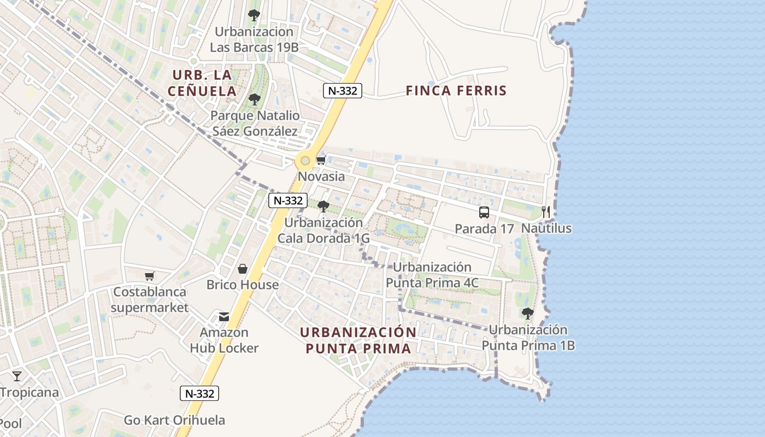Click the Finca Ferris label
(x=456, y=91)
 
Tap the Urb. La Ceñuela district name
(x=202, y=83)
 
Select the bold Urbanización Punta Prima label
(x=358, y=340)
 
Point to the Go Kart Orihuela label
(x=174, y=420)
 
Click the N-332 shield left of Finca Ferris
(x=343, y=91)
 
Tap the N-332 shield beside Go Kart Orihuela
(x=199, y=393)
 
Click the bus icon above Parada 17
(x=484, y=212)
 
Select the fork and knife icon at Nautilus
(x=546, y=212)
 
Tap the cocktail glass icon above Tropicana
(x=17, y=376)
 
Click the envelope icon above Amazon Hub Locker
(x=224, y=316)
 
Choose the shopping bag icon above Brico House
(x=243, y=269)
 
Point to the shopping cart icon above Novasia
(x=321, y=160)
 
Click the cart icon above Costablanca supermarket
(x=149, y=276)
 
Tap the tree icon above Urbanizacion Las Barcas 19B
(x=254, y=15)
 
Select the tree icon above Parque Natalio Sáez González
(x=254, y=99)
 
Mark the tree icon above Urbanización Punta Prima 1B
(x=527, y=313)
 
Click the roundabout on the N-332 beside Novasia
(x=305, y=161)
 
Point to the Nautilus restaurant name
(x=546, y=228)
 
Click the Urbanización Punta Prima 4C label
(x=432, y=275)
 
